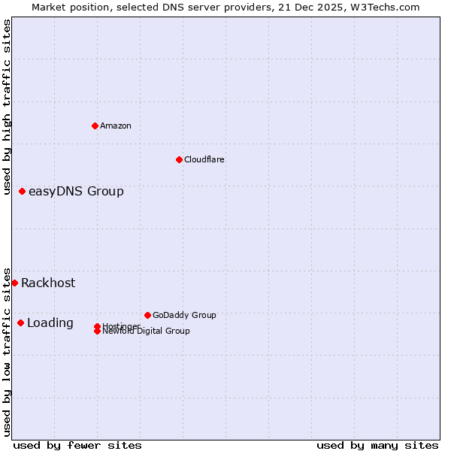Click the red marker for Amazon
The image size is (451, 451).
[x=95, y=126]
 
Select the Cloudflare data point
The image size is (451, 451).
[x=179, y=159]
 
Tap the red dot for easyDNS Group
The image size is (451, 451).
[x=23, y=191]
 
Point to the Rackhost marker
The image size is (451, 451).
[x=15, y=283]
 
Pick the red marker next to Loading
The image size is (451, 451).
[x=21, y=322]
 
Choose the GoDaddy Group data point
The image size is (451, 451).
[x=147, y=315]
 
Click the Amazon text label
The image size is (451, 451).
[x=116, y=126]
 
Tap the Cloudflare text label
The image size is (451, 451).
[x=204, y=159]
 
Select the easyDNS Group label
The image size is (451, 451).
[x=76, y=191]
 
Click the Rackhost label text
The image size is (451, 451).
[x=48, y=283]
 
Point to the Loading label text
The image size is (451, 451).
[x=50, y=322]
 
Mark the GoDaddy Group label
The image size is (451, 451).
[x=184, y=315]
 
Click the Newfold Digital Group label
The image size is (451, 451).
[x=146, y=331]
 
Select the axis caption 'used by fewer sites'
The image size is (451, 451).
[x=77, y=445]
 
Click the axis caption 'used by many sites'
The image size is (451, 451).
[x=377, y=445]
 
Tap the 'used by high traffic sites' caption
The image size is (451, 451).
[x=7, y=107]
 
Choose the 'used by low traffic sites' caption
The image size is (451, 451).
[x=7, y=351]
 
